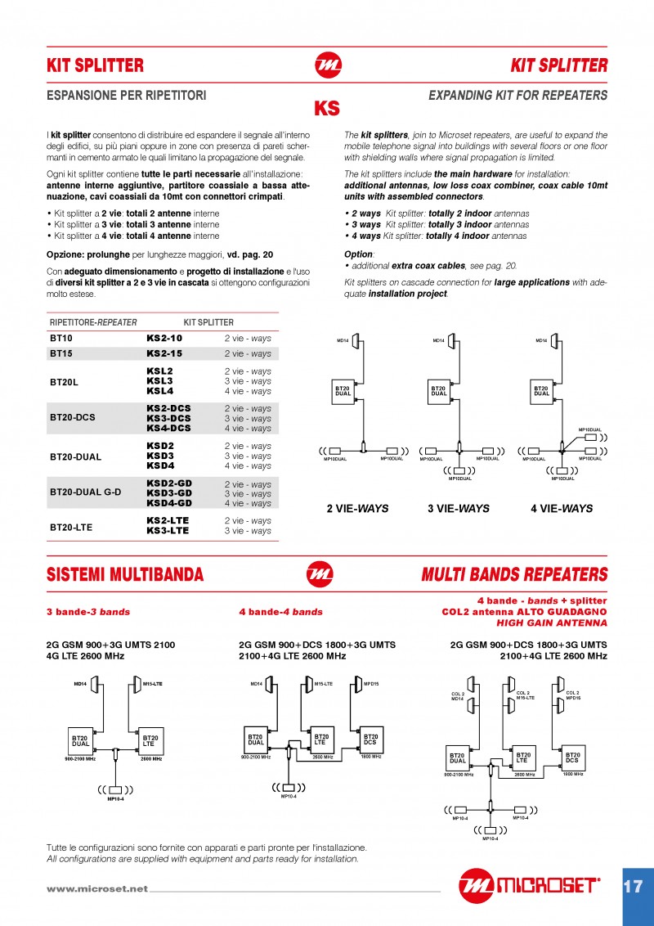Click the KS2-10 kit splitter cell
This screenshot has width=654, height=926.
(x=163, y=338)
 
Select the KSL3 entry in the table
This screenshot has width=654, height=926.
(x=159, y=381)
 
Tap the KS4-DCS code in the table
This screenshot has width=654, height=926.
(x=168, y=428)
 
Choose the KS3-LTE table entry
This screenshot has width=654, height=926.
(x=168, y=531)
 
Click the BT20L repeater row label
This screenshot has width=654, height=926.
(x=64, y=381)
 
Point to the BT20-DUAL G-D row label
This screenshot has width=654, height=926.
(x=85, y=493)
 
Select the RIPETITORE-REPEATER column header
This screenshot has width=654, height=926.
(x=93, y=322)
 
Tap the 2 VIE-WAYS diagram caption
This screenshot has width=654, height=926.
(x=357, y=508)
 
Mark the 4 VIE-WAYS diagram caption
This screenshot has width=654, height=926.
(x=562, y=508)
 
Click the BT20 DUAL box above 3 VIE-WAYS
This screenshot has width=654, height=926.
(x=438, y=391)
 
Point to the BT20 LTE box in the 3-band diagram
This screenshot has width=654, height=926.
(x=150, y=740)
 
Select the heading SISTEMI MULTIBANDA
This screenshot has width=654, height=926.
(x=125, y=575)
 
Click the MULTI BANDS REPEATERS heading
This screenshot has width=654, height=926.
(x=514, y=575)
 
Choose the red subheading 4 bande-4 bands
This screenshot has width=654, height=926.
(x=280, y=612)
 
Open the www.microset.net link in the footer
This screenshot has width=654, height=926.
(x=97, y=888)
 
